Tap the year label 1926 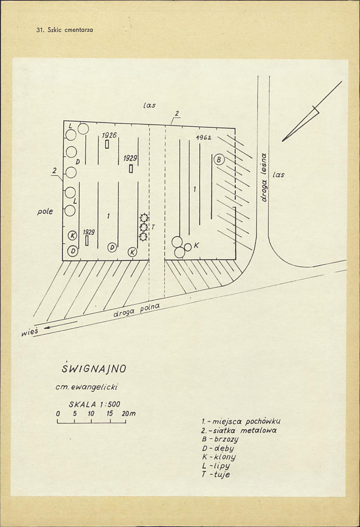click(x=109, y=135)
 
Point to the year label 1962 click(x=203, y=138)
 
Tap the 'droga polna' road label click(x=137, y=310)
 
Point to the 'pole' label click(x=45, y=211)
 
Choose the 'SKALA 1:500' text click(x=95, y=404)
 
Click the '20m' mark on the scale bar click(x=129, y=414)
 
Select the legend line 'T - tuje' click(x=216, y=475)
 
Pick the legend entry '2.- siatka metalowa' click(x=239, y=430)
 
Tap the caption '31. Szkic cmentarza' click(x=65, y=29)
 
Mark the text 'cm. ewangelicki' click(x=87, y=387)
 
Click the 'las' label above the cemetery click(x=149, y=105)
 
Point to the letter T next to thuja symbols click(x=153, y=227)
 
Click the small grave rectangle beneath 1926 click(x=107, y=144)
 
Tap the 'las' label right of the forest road click(x=279, y=175)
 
